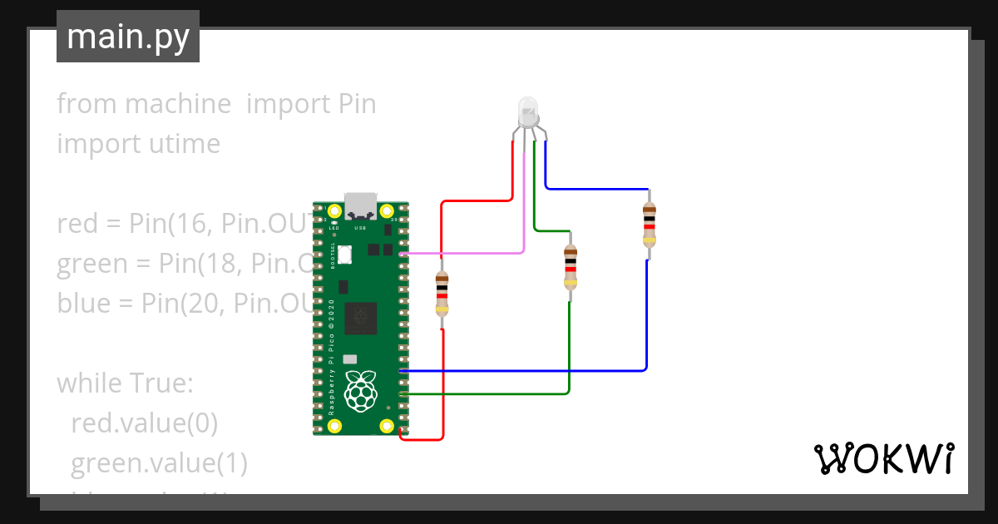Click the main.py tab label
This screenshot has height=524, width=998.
click(128, 37)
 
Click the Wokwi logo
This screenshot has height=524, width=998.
click(883, 458)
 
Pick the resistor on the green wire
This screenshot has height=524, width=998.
click(570, 267)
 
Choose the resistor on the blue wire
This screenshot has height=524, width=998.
click(649, 225)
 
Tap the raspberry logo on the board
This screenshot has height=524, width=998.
click(360, 391)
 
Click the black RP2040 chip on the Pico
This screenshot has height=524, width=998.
click(360, 316)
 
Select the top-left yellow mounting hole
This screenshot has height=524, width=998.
click(335, 211)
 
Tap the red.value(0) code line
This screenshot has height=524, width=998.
click(144, 423)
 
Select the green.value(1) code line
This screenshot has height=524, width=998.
click(159, 462)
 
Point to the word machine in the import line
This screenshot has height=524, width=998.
click(178, 104)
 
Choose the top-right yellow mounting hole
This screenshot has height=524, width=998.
click(387, 211)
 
